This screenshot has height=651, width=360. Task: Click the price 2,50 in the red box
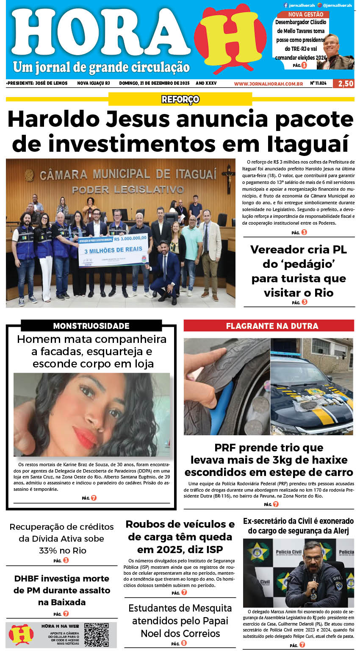pyautogui.click(x=343, y=83)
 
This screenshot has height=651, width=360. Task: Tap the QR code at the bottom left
pyautogui.click(x=96, y=634)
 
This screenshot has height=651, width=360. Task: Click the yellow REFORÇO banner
pyautogui.click(x=180, y=99)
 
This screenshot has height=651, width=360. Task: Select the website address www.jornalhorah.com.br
pyautogui.click(x=268, y=83)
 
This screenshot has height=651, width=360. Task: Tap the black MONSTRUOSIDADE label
pyautogui.click(x=91, y=325)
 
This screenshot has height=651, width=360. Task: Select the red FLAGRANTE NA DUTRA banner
pyautogui.click(x=269, y=325)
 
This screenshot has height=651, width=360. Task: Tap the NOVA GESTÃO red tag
pyautogui.click(x=305, y=14)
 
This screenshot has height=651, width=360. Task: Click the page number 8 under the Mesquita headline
pyautogui.click(x=184, y=643)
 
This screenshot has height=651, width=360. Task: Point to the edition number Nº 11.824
pyautogui.click(x=318, y=83)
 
